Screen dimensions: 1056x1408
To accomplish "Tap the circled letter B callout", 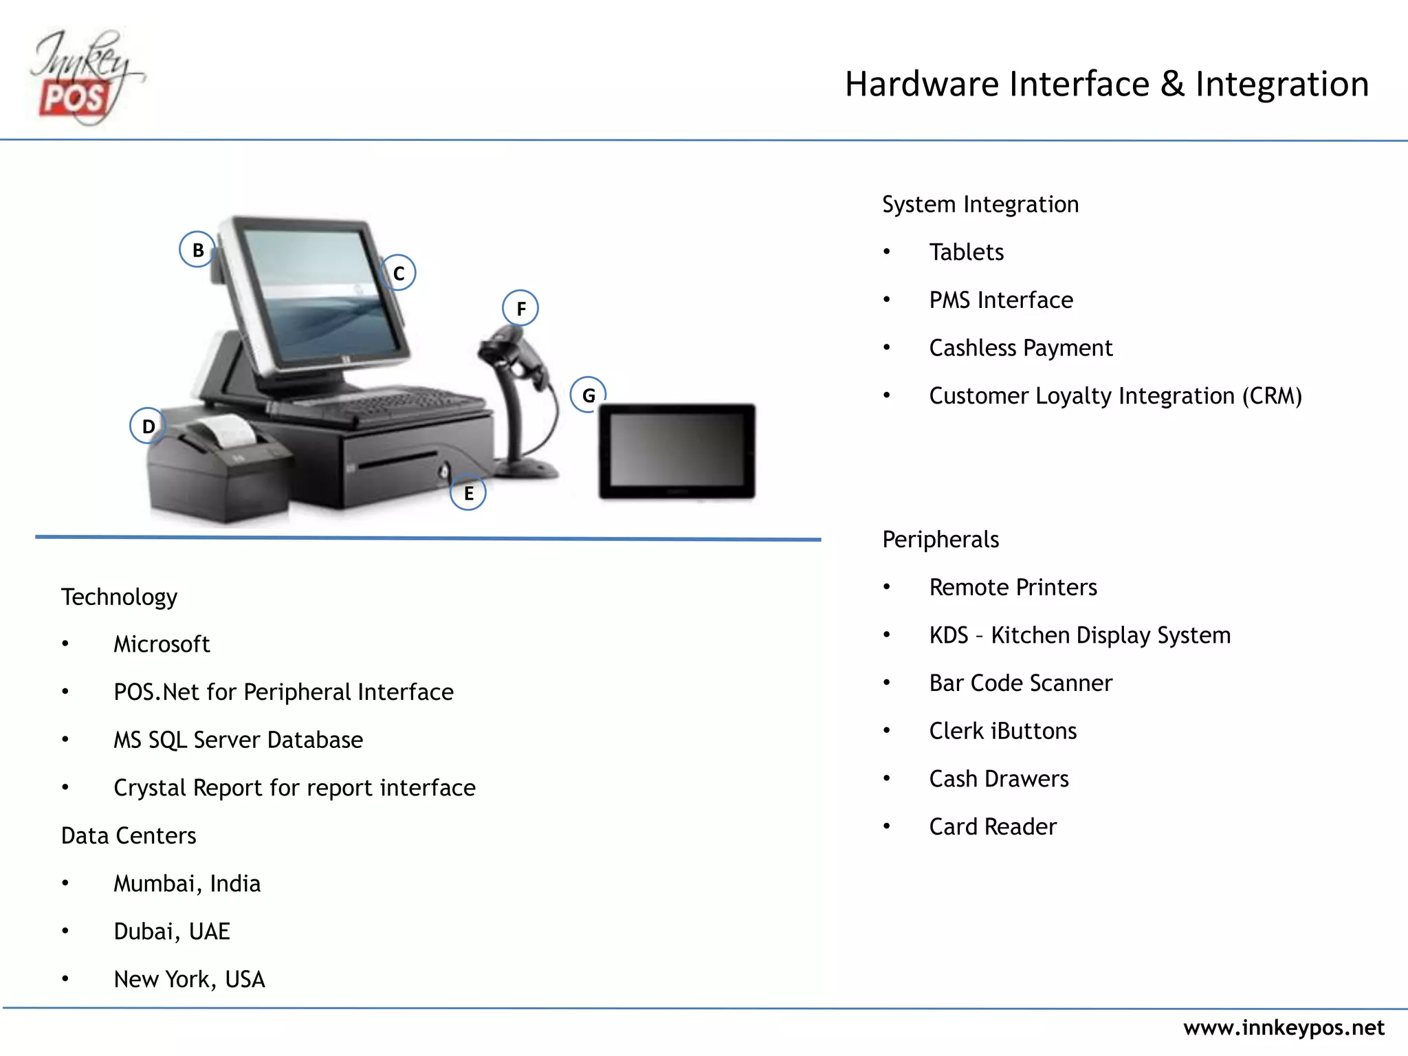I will point(197,250).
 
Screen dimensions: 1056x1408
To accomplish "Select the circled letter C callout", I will point(398,273).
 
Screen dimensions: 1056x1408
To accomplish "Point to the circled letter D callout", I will point(148,426).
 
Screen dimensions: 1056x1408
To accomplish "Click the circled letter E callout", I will point(468,493).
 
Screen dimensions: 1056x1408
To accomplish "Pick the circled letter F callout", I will point(520,308).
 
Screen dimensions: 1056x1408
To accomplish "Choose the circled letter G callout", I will point(588,395).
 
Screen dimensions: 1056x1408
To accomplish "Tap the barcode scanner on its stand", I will point(519,399).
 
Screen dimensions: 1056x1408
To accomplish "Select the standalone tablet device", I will point(677,451).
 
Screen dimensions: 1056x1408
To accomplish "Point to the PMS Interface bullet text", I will point(1000,300).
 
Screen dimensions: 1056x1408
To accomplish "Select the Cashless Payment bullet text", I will point(1020,348).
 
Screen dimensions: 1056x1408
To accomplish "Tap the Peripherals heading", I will point(940,540).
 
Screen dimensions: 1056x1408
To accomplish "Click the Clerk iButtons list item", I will point(1002,731).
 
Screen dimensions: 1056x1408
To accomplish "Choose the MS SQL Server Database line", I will point(238,740).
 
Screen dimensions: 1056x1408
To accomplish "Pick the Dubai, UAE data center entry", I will point(172,932).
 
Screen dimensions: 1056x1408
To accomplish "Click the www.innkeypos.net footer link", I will point(1283,1028).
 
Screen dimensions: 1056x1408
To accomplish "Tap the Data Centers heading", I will point(129,836).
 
